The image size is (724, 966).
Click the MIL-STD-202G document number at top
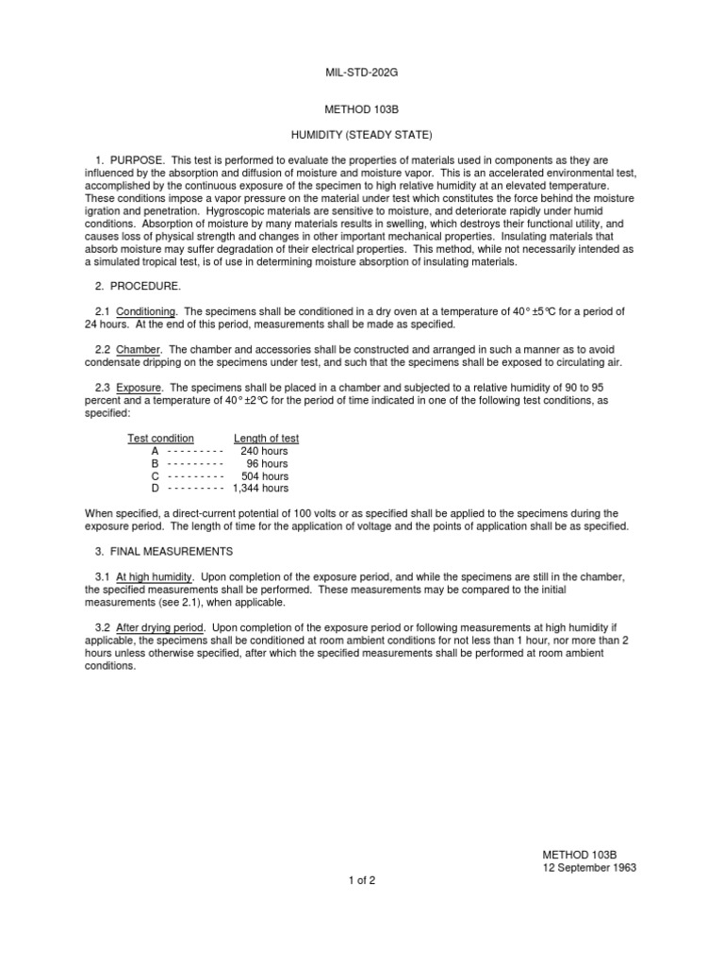click(x=363, y=72)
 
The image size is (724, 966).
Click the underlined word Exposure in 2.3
click(x=140, y=388)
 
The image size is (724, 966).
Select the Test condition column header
click(x=161, y=439)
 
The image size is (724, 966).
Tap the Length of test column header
click(x=267, y=439)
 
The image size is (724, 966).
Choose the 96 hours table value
click(x=267, y=463)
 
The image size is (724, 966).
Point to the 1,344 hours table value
click(x=260, y=488)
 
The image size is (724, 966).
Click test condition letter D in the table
click(x=156, y=488)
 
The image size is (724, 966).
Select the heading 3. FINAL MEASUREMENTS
click(x=168, y=550)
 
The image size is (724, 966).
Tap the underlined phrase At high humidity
click(x=155, y=576)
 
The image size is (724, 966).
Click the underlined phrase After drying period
click(x=160, y=627)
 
